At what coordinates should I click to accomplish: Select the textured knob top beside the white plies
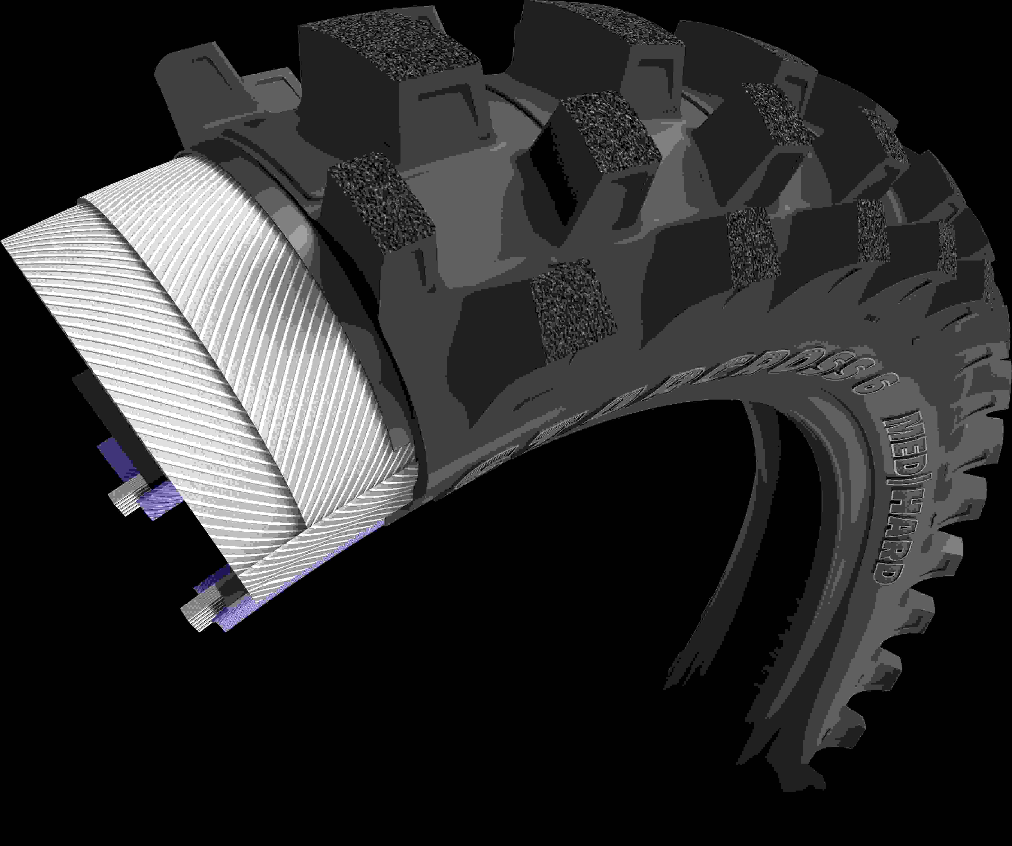pyautogui.click(x=381, y=203)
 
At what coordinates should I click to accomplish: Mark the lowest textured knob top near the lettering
pyautogui.click(x=574, y=309)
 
